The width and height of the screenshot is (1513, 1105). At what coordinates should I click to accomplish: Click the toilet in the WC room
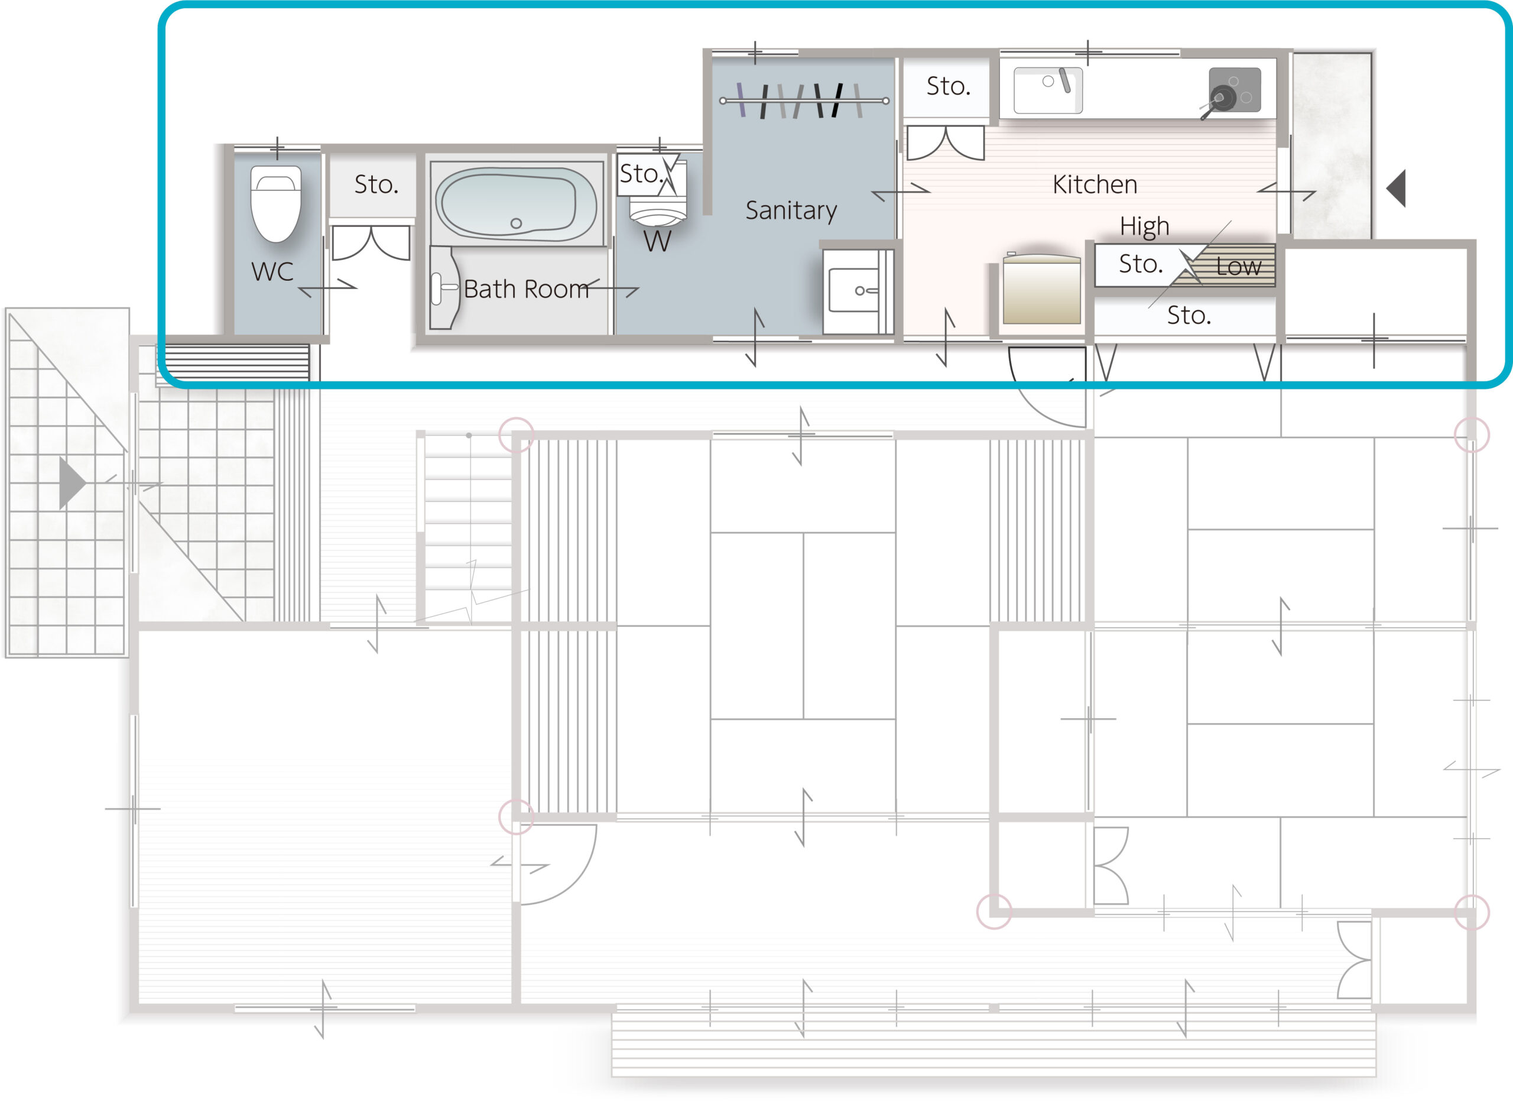pos(275,204)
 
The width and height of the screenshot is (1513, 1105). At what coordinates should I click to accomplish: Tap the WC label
pos(272,271)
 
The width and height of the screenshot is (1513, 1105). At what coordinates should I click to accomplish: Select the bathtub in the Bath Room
pos(516,203)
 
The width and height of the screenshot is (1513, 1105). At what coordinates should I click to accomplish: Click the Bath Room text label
pos(526,289)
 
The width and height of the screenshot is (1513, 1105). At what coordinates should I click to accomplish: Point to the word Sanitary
pos(791,210)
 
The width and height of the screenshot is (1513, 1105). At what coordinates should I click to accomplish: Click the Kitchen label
pos(1095,184)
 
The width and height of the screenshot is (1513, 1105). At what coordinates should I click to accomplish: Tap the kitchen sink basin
pos(1048,90)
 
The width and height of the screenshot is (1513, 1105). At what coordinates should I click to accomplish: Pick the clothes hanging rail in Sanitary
pos(804,101)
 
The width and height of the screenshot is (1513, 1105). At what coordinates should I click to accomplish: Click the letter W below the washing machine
pos(657,241)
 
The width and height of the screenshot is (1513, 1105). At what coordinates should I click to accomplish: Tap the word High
pos(1144,227)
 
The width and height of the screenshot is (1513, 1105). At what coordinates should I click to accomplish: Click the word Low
pos(1238,266)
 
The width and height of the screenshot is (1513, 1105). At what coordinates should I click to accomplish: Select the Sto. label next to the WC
pos(376,184)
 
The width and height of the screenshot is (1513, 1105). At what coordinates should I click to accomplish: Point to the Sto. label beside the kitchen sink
pos(948,86)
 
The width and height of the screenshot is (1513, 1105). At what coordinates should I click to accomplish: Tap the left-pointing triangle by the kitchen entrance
pos(1396,189)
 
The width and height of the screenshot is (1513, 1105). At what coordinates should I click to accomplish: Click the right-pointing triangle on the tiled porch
pos(72,483)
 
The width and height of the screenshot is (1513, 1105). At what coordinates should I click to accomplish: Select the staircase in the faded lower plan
pos(468,529)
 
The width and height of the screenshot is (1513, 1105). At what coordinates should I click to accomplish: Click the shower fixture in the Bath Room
pos(444,287)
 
